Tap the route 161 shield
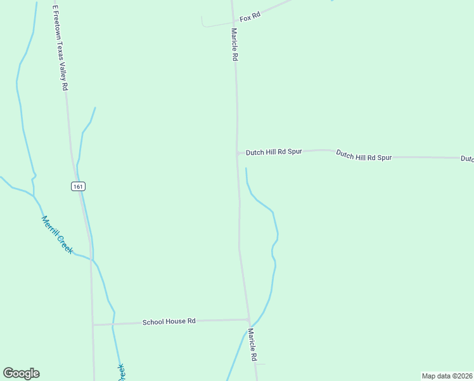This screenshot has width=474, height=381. pos(77,186)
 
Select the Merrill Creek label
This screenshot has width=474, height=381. pos(58,235)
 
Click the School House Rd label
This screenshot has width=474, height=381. pos(169,322)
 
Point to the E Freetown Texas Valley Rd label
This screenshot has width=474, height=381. pos(60,48)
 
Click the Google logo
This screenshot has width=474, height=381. pos(21,373)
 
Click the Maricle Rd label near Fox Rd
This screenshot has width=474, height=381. pos(234,44)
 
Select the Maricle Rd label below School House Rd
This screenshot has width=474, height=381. pos(253,345)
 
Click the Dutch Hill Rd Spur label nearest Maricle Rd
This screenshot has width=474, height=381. pos(274,152)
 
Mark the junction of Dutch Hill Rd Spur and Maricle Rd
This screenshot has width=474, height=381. pos(238,153)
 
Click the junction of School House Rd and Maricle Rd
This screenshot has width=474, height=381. pos(249,320)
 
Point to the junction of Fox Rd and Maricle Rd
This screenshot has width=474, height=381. pos(233,23)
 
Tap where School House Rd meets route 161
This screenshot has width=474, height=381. pos(93,324)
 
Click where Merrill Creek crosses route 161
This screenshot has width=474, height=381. pos(91,260)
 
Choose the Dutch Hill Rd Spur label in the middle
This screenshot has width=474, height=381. pos(364,156)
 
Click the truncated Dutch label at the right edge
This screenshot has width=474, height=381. pos(467,159)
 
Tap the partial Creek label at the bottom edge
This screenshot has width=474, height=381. pos(120,372)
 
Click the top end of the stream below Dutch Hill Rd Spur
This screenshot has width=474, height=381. pos(246,168)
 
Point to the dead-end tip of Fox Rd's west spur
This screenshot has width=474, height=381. pos(202,17)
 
